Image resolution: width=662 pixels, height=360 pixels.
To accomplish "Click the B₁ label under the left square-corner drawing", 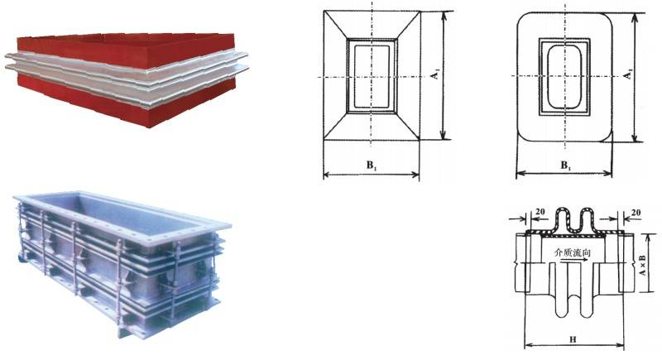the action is coord(372,166).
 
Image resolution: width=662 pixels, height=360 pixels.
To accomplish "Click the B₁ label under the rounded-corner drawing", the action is coord(566,166).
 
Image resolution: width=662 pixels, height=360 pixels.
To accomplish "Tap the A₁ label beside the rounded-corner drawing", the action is coord(628,74).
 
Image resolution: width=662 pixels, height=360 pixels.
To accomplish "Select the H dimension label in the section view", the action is coord(573,340).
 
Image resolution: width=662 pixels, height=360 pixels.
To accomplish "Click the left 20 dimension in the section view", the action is coord(540,211).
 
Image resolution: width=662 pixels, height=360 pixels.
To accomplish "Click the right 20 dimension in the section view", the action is coord(636,213).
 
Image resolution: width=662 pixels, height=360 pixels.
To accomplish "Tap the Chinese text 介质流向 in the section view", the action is coord(572,252).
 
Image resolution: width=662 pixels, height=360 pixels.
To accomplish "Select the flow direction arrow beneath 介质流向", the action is coord(573,261).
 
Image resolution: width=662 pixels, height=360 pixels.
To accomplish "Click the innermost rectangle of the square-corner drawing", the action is coord(372,76).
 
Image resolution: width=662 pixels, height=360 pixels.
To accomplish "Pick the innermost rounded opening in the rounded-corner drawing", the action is coord(564,77).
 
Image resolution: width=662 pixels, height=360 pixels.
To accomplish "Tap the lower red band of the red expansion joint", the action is coord(127,99).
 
